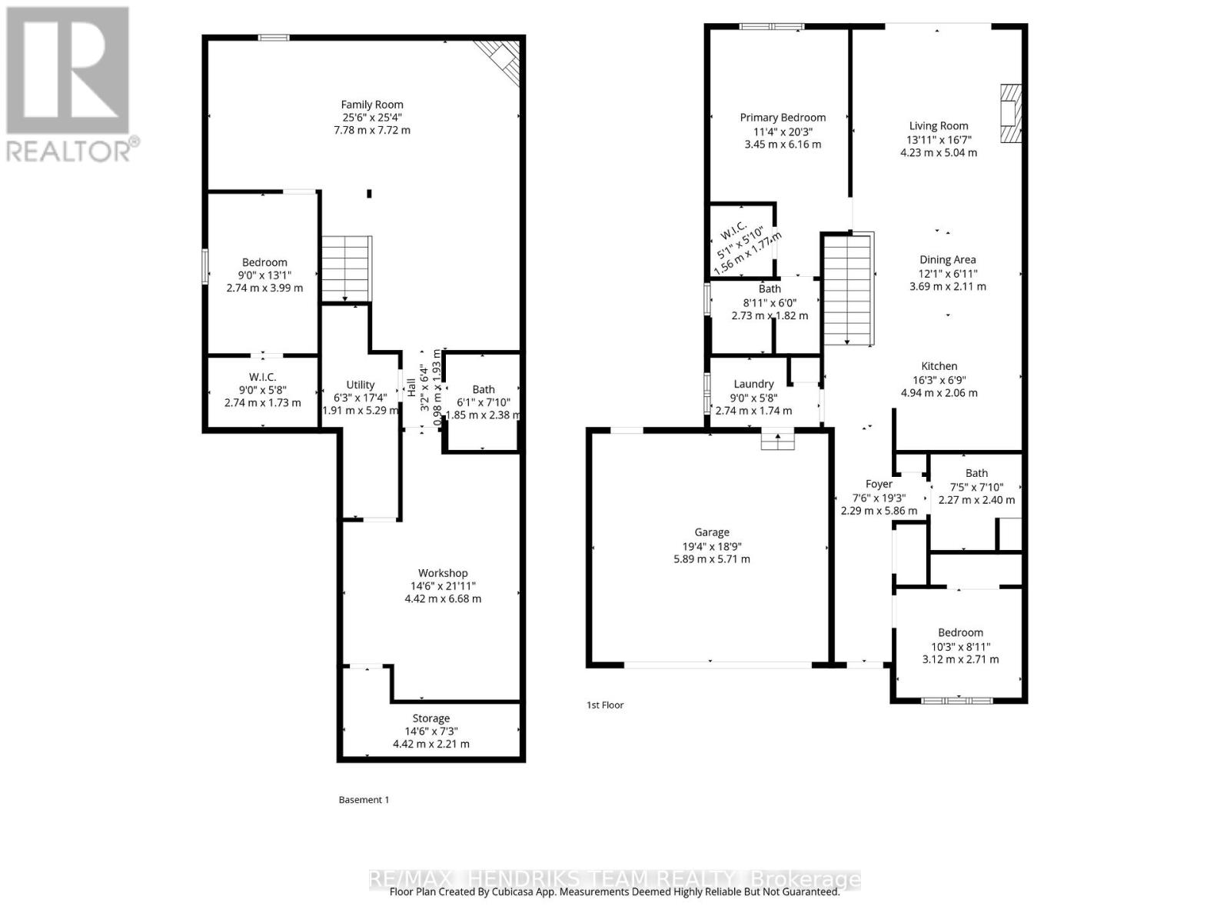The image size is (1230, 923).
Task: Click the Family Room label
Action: (x=372, y=105)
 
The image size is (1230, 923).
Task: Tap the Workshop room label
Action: (x=443, y=573)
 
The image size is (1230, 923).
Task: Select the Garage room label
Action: (x=711, y=532)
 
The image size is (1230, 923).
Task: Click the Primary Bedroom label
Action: (x=783, y=118)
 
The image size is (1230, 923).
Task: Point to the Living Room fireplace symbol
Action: (x=1011, y=114)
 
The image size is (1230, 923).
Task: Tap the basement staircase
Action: (x=346, y=268)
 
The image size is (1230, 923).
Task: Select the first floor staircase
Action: (x=849, y=289)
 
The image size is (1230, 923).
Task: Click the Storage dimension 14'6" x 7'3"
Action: (x=430, y=731)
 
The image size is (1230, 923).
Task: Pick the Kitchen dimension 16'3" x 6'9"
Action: (x=939, y=380)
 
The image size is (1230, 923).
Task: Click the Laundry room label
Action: (x=753, y=384)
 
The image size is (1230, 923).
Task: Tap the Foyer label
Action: (x=879, y=484)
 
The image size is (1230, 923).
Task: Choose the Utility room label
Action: (x=360, y=385)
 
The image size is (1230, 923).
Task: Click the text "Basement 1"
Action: (x=364, y=800)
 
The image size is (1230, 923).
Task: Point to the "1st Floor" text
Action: (x=605, y=705)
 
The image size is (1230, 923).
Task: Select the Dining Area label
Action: (x=947, y=260)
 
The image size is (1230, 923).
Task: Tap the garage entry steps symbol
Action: (x=778, y=440)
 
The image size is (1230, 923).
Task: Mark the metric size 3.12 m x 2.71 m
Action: (x=960, y=659)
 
